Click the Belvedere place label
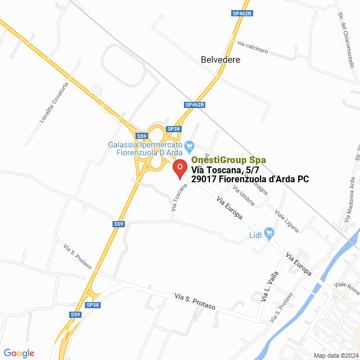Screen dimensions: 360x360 220,59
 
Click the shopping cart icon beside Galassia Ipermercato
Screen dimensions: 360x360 190,145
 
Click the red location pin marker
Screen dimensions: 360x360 179,168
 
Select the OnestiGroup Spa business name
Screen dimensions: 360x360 228,160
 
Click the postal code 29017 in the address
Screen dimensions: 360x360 206,179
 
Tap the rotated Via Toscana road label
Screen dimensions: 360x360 178,196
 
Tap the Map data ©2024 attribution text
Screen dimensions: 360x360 336,355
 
